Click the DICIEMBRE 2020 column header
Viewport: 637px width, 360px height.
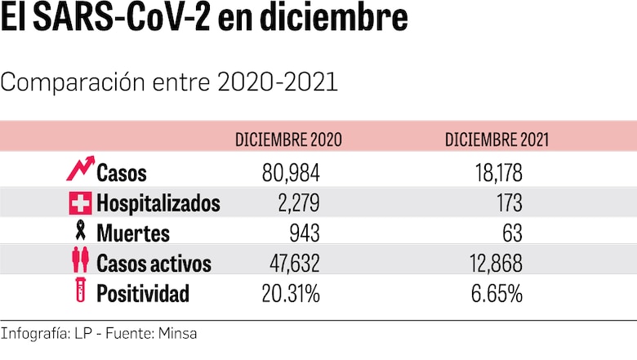tap(288, 140)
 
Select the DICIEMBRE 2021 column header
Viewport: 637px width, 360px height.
tap(497, 140)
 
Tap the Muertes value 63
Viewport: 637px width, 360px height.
tap(512, 233)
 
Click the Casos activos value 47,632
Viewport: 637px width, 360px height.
tap(285, 263)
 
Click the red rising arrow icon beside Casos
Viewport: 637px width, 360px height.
tap(79, 169)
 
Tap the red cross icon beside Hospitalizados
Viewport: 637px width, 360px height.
tap(81, 202)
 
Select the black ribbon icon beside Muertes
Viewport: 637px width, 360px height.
tap(81, 232)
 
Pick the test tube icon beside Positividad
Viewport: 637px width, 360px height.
tap(81, 292)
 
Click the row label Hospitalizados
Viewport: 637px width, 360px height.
tap(158, 202)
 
